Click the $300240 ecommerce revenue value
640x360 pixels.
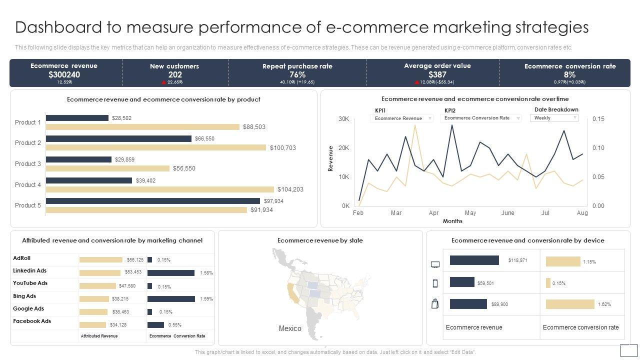pyautogui.click(x=64, y=74)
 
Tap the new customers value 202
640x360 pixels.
pyautogui.click(x=174, y=74)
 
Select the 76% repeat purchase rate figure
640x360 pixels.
pyautogui.click(x=297, y=74)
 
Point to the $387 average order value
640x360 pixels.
pyautogui.click(x=437, y=74)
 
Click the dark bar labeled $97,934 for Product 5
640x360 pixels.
pyautogui.click(x=152, y=201)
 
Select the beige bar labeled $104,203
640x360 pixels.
pyautogui.click(x=160, y=189)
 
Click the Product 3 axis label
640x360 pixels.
pyautogui.click(x=28, y=164)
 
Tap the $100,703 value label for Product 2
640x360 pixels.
pyautogui.click(x=283, y=148)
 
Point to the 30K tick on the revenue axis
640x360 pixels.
pyautogui.click(x=344, y=119)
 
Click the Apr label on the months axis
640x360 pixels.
pyautogui.click(x=433, y=213)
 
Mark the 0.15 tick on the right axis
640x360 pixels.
pyautogui.click(x=598, y=119)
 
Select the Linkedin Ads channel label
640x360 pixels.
pyautogui.click(x=29, y=271)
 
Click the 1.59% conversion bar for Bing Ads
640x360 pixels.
pyautogui.click(x=171, y=299)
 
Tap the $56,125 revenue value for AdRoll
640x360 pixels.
pyautogui.click(x=135, y=260)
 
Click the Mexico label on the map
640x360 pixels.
pyautogui.click(x=290, y=328)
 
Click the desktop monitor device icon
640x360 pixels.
pyautogui.click(x=435, y=264)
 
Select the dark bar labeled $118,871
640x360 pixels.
pyautogui.click(x=474, y=260)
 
